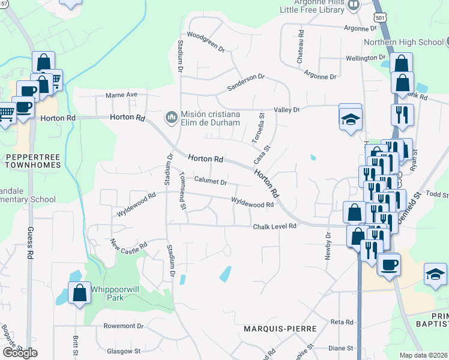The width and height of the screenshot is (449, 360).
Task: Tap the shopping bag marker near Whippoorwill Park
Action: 79,293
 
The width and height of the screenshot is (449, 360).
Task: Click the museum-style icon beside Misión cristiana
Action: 171,115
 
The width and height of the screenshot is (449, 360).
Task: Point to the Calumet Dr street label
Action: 210,182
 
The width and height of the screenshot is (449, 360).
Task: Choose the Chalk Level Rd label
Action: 275,226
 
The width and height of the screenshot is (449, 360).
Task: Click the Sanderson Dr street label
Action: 246,82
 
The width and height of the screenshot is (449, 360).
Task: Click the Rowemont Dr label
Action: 124,326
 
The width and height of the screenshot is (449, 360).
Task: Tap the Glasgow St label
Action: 123,351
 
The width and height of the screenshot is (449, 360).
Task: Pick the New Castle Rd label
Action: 129,245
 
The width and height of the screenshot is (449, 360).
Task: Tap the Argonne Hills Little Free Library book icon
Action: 354,5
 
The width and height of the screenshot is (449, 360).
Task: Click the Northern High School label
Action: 403,42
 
